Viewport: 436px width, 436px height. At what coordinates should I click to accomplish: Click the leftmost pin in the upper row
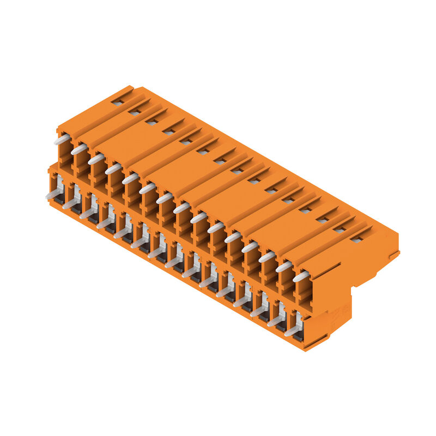pos(62,140)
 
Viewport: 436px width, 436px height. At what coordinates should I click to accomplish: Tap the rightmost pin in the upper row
pos(301,276)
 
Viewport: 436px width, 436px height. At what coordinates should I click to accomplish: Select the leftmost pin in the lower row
pos(53,193)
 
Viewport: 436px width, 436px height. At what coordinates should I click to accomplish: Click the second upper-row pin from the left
pos(79,149)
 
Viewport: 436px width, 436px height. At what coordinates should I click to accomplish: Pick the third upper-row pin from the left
pos(96,159)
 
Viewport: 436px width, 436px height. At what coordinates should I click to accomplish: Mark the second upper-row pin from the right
pos(283,267)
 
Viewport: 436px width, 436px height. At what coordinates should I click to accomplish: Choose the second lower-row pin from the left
pos(70,203)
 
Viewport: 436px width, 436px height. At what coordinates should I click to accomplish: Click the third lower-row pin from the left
pos(87,213)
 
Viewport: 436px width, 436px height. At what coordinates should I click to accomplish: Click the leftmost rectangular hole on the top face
pos(117,102)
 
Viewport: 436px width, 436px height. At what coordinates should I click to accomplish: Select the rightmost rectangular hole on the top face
pos(356,239)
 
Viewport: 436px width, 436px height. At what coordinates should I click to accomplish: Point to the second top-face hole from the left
pos(134,112)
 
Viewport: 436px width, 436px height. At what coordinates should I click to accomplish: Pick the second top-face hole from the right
pos(339,229)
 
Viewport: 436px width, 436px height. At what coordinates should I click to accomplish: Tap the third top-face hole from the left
pos(151,122)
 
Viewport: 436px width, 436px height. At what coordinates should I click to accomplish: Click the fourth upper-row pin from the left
pos(113,169)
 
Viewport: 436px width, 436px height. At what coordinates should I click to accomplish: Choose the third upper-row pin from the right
pos(267,257)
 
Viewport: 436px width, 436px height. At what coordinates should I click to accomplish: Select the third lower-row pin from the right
pos(258,311)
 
